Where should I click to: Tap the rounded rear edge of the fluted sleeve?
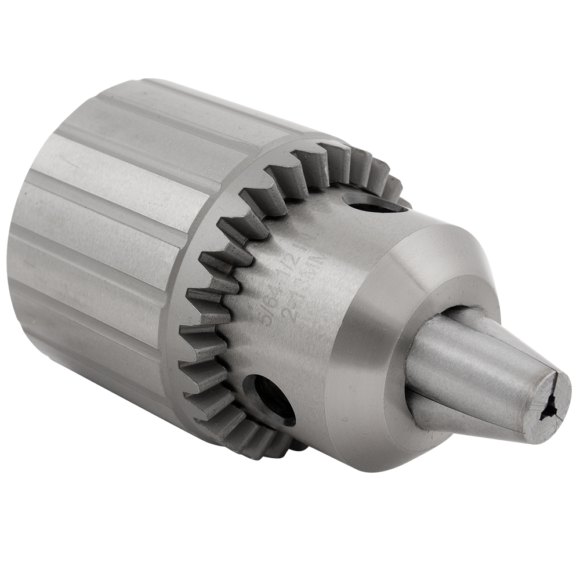click(23, 232)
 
